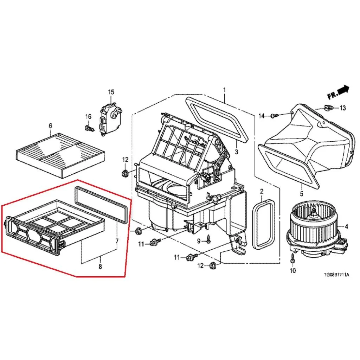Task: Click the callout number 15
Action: (x=111, y=92)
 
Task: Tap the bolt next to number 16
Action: (x=90, y=128)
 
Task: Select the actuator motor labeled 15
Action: (x=111, y=120)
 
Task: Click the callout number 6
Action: (x=50, y=126)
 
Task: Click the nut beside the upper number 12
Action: (x=125, y=173)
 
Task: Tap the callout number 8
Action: (x=100, y=266)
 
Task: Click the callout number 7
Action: (x=117, y=241)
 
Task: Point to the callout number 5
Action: (x=301, y=194)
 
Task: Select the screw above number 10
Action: (x=292, y=258)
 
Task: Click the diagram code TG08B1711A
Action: (x=336, y=275)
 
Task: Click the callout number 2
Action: (x=262, y=191)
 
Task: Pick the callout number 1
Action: (x=224, y=90)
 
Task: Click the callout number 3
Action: (x=237, y=152)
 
